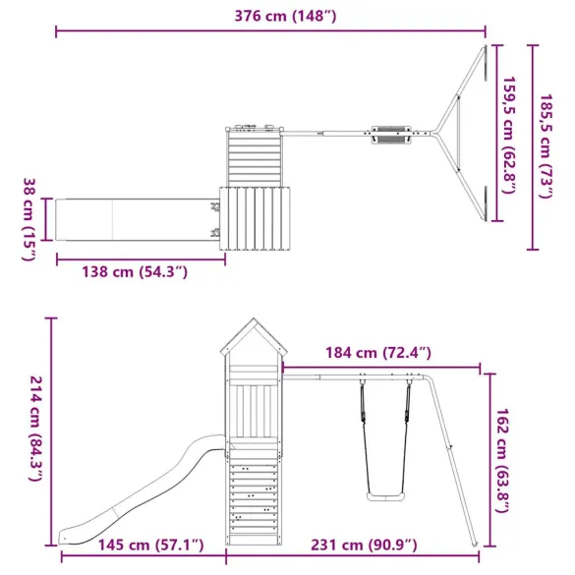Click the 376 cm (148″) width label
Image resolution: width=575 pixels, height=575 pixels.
[x=271, y=15]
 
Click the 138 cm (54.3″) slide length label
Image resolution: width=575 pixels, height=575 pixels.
[x=137, y=270]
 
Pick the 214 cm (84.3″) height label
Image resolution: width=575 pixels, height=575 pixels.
[x=33, y=430]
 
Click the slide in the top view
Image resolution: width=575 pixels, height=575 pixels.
[x=133, y=217]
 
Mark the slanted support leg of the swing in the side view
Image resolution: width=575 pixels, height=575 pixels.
[x=458, y=462]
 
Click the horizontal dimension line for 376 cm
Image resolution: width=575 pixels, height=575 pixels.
[x=271, y=32]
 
